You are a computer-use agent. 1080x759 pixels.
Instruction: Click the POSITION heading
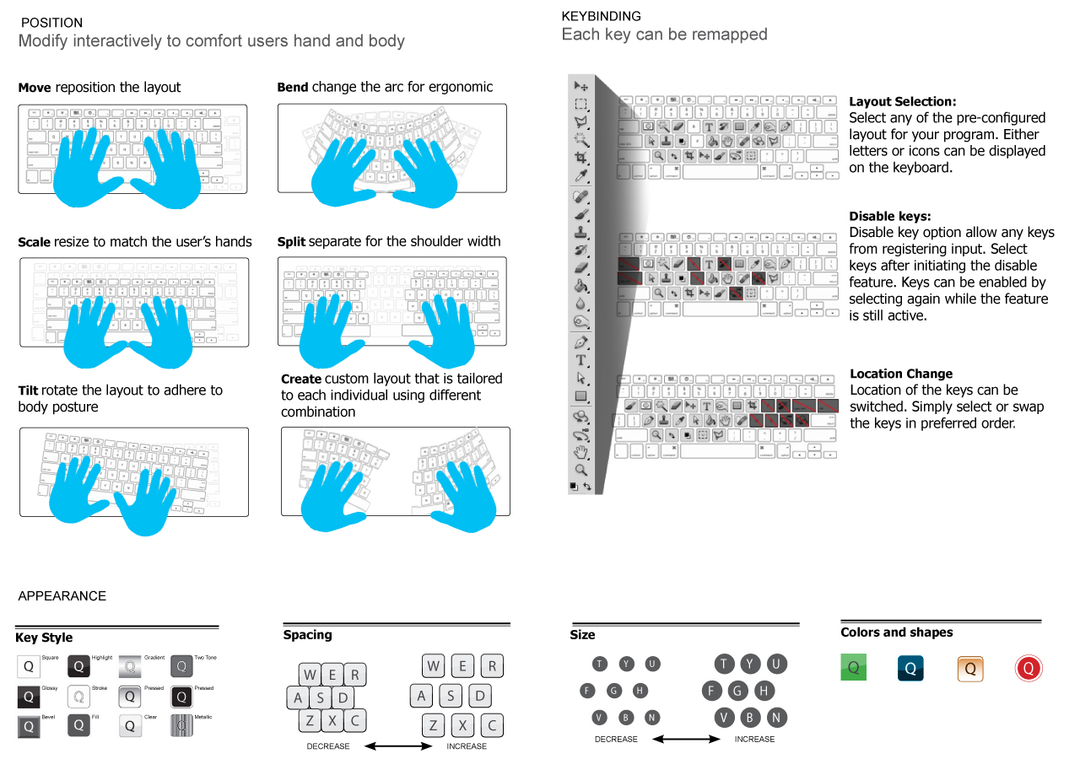coord(51,23)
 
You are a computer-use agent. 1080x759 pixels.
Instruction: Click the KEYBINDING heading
coord(601,16)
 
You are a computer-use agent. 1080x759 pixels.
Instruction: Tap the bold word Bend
coord(293,87)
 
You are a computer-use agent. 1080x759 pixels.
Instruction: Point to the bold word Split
coord(291,242)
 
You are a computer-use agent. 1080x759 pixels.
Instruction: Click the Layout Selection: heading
coord(902,101)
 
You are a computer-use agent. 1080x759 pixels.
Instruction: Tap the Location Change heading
coord(901,374)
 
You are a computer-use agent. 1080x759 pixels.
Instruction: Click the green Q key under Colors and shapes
coord(853,668)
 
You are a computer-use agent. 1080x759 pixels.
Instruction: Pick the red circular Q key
coord(1029,669)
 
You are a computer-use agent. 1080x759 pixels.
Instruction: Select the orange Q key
coord(970,669)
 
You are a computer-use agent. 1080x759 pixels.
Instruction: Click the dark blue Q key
coord(910,669)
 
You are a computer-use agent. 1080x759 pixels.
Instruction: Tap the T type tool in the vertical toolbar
coord(580,361)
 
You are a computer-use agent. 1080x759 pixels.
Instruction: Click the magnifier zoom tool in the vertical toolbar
coord(580,469)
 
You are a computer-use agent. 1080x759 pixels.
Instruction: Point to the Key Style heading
coord(44,638)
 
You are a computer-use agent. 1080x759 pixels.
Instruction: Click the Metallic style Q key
coord(181,725)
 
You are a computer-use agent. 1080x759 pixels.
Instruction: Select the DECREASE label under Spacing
coord(327,746)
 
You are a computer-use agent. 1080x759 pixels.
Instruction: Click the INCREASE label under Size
coord(754,740)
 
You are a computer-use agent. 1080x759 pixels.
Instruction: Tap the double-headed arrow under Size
coord(686,740)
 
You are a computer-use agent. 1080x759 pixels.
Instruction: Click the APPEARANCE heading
coord(62,596)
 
